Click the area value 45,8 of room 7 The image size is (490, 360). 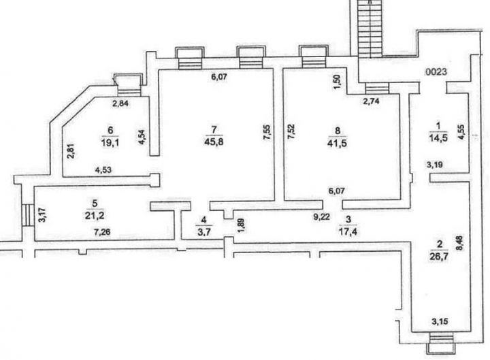(214, 142)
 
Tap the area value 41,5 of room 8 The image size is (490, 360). (337, 144)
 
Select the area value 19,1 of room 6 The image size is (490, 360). (110, 142)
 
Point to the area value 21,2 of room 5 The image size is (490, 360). (95, 215)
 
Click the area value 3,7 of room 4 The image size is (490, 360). (203, 232)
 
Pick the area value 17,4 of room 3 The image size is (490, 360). (348, 231)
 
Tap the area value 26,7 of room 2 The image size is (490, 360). (440, 257)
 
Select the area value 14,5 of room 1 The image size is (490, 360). (438, 138)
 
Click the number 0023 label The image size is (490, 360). (436, 72)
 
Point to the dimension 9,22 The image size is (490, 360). (321, 216)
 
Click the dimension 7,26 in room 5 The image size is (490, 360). (102, 231)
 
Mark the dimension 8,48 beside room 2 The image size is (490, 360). (461, 243)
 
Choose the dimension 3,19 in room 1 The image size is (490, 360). (435, 165)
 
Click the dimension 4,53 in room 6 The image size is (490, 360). (103, 170)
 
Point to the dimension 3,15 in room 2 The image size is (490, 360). (440, 321)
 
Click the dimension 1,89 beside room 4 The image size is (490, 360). (241, 226)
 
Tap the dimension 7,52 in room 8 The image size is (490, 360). (291, 132)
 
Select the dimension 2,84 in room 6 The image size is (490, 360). (120, 103)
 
